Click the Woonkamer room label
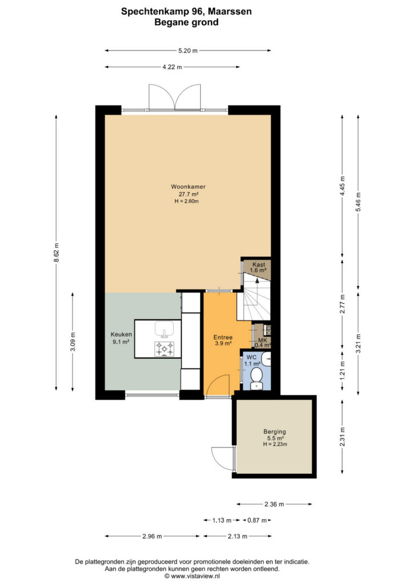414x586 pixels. point(188,187)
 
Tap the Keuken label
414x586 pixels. point(121,334)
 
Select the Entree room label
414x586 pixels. point(223,337)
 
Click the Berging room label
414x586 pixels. point(274,431)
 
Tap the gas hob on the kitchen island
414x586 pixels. point(164,349)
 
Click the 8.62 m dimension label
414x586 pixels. point(57,252)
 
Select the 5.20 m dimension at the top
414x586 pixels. point(188,50)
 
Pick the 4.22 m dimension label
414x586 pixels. point(172,67)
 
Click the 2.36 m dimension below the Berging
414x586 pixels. point(274,504)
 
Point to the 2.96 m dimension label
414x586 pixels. point(152,536)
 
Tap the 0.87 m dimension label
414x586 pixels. point(257,520)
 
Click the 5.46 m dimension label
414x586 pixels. point(359,202)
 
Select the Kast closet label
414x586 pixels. point(258,264)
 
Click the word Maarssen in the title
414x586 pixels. point(229,11)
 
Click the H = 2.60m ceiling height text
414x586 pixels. point(186,201)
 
